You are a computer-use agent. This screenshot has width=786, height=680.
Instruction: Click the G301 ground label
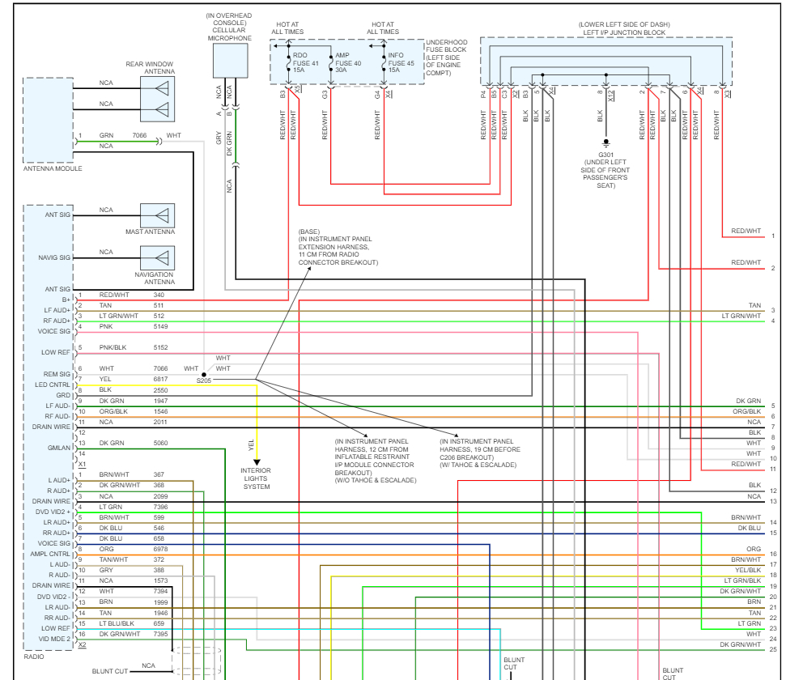606,155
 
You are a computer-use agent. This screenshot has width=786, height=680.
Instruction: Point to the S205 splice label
204,380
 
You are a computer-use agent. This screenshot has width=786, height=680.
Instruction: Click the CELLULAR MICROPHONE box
230,62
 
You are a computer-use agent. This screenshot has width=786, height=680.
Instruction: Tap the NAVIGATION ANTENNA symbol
157,258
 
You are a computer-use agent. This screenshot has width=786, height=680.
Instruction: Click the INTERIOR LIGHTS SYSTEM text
256,478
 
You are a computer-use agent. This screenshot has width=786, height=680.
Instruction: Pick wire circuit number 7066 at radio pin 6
159,368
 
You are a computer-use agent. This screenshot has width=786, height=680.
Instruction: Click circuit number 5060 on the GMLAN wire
159,443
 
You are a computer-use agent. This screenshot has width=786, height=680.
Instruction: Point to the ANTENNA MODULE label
53,168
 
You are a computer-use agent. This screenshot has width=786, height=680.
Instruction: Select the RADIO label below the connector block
34,657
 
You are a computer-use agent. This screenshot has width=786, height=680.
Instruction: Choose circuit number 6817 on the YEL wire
159,379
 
